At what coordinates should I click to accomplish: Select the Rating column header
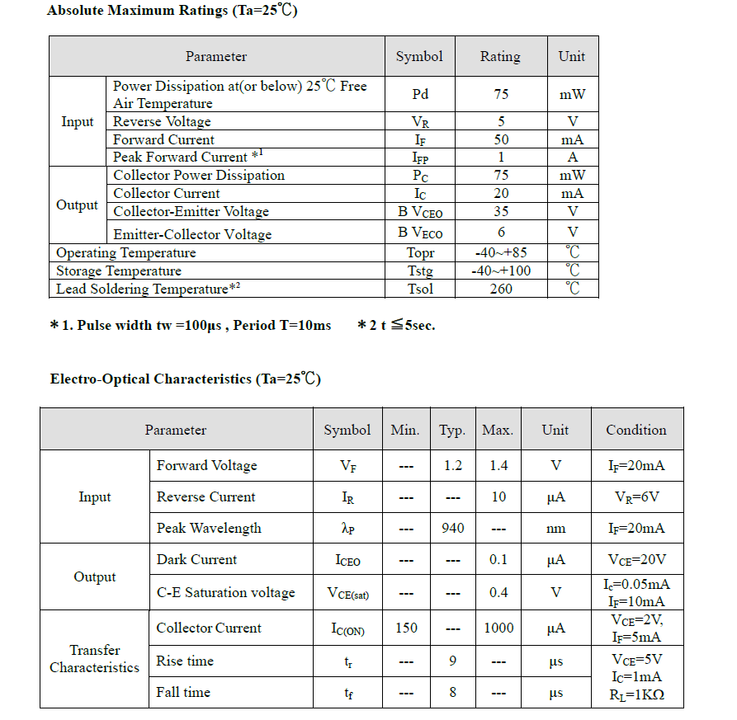click(x=500, y=57)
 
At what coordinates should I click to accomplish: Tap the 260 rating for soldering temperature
click(x=500, y=289)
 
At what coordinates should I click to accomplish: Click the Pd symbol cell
click(x=420, y=94)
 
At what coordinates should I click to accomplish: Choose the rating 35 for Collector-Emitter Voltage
click(x=500, y=212)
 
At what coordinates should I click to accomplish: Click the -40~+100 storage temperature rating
click(x=500, y=271)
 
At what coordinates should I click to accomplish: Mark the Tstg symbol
click(x=420, y=271)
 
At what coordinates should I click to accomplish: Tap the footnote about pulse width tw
click(x=191, y=325)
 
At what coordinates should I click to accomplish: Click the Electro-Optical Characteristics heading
click(x=185, y=379)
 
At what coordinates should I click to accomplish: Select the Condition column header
click(x=635, y=430)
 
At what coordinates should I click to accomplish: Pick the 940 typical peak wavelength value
click(x=452, y=528)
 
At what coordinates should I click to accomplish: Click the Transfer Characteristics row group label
click(x=94, y=659)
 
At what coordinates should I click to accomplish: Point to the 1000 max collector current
click(x=498, y=628)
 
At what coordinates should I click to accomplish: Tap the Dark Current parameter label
click(x=196, y=559)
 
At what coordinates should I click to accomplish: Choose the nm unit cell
click(x=555, y=528)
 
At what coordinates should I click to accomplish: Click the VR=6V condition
click(x=636, y=496)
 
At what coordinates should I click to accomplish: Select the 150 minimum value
click(x=406, y=628)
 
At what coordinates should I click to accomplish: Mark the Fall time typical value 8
click(x=452, y=692)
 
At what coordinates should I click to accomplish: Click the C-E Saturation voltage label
click(x=225, y=592)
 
